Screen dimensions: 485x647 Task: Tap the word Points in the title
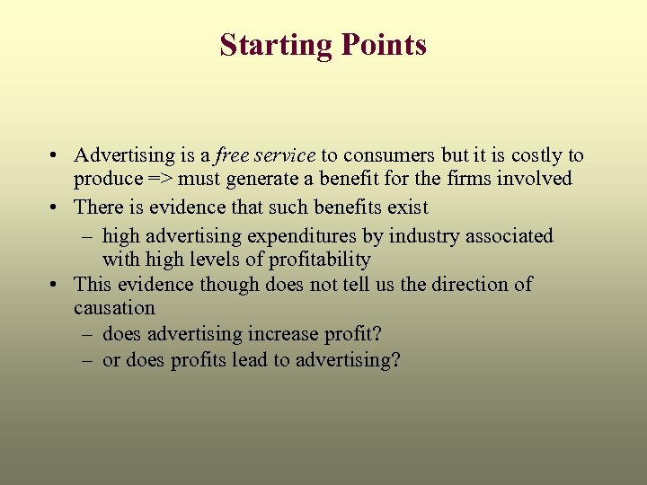pyautogui.click(x=381, y=45)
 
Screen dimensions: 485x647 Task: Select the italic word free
pyautogui.click(x=231, y=155)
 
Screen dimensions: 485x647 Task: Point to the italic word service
pyautogui.click(x=285, y=155)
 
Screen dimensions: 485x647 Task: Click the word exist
pyautogui.click(x=406, y=207)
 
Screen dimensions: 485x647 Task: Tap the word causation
pyautogui.click(x=114, y=308)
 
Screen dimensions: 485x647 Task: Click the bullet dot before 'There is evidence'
pyautogui.click(x=56, y=207)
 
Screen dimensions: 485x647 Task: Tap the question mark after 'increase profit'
pyautogui.click(x=377, y=334)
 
